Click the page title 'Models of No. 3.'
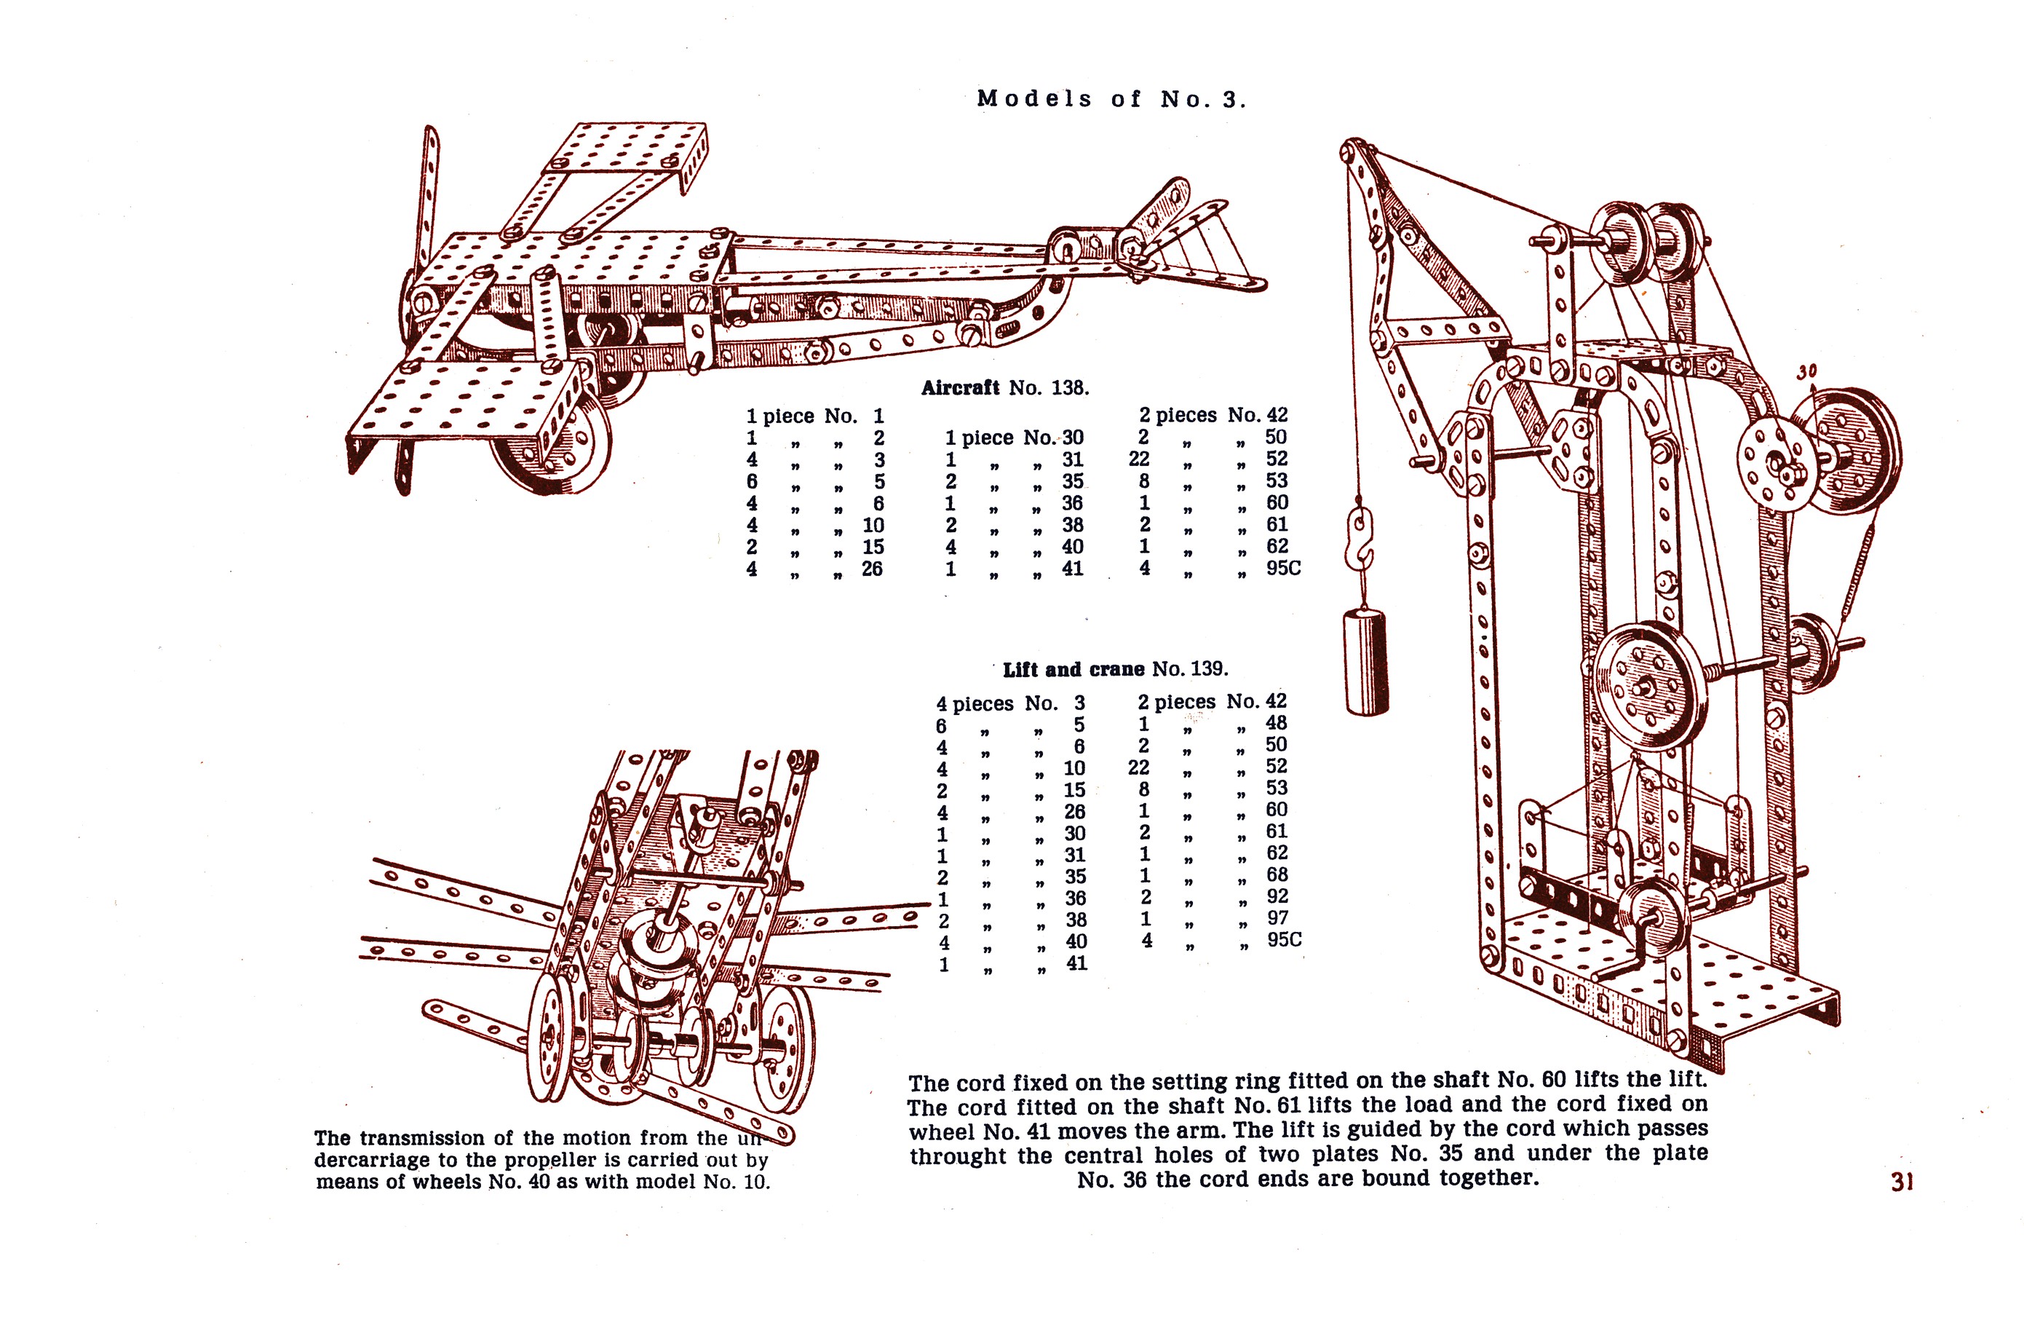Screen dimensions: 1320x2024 tap(1111, 100)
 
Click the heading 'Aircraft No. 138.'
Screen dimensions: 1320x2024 tap(1004, 388)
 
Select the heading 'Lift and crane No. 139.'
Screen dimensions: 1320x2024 tap(1115, 669)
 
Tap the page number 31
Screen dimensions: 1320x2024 tap(1902, 1182)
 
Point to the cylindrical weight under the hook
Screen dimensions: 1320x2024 tap(1366, 662)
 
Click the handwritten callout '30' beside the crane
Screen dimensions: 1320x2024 tap(1806, 371)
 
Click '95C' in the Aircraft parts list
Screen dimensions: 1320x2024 tap(1282, 568)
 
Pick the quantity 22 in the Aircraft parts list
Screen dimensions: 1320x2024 tap(1139, 459)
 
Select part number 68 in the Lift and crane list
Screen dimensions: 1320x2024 tap(1277, 875)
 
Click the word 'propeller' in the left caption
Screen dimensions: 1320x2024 tap(550, 1160)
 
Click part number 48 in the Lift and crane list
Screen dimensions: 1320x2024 tap(1277, 723)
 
